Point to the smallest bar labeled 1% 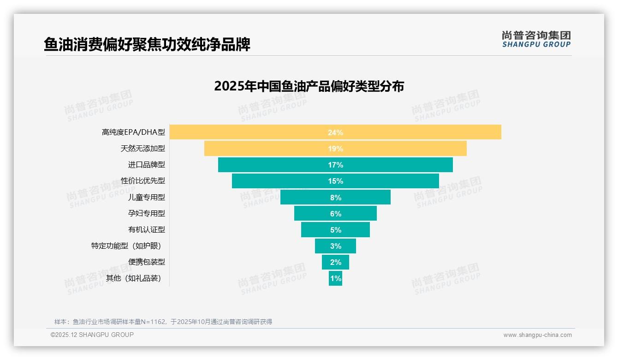tap(335, 278)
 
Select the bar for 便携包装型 tap(335, 262)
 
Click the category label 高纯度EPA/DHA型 tap(133, 132)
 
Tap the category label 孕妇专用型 tap(146, 213)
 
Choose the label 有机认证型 tap(146, 229)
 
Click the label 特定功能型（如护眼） tap(128, 246)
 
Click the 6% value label tap(335, 214)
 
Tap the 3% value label tap(335, 246)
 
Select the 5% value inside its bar tap(335, 230)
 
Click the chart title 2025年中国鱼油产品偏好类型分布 tap(309, 86)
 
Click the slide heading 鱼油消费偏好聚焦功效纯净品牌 tap(147, 45)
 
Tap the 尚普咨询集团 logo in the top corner tap(536, 39)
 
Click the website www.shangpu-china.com tap(537, 335)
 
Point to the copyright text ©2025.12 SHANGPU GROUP tap(92, 335)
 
